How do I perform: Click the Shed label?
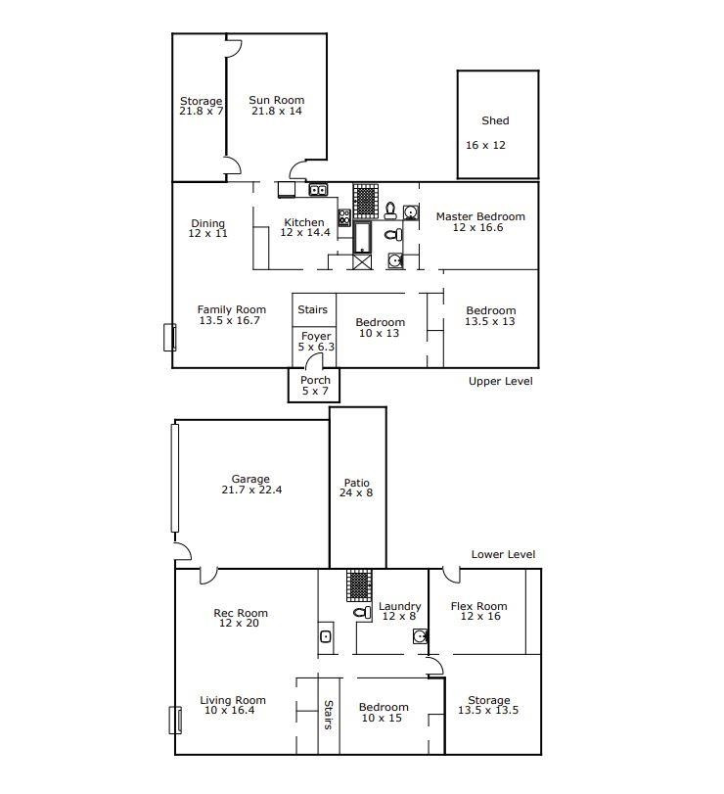point(495,120)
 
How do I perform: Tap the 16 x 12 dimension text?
point(485,145)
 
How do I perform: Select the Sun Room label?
point(276,100)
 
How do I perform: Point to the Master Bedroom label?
point(480,216)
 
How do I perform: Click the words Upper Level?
point(500,381)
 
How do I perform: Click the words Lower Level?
point(503,554)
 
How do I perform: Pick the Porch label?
point(315,380)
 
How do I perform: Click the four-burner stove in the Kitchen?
point(344,217)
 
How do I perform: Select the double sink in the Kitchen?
point(318,190)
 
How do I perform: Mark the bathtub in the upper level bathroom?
point(362,237)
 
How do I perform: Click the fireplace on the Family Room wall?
point(169,337)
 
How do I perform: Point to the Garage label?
point(250,479)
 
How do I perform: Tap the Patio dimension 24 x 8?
point(356,492)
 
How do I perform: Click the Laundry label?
point(400,606)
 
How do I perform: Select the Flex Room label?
point(478,606)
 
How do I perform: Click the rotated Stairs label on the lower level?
point(329,715)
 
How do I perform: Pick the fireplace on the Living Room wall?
point(175,720)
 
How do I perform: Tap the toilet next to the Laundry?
point(362,612)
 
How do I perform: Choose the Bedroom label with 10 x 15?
point(384,708)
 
